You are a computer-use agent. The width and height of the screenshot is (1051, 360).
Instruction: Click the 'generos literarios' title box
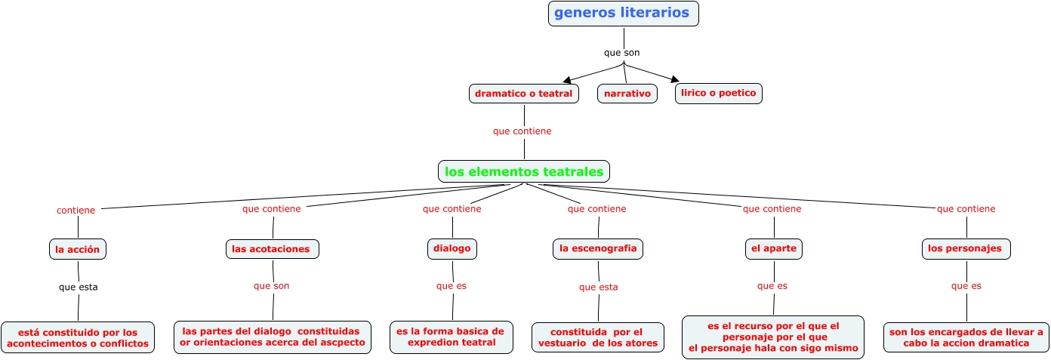(623, 14)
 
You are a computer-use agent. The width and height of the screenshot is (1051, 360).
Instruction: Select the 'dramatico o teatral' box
(524, 94)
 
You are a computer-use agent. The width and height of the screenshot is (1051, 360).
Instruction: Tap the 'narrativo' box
(627, 94)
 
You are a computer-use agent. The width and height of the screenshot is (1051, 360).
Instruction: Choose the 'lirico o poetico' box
(719, 93)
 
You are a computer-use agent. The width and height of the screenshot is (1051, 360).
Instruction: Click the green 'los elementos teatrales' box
(524, 172)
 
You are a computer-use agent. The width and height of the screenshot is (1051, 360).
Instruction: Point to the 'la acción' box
(77, 249)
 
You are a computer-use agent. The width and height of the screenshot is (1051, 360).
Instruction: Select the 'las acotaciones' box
(273, 249)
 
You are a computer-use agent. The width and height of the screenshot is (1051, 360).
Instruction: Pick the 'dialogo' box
(452, 248)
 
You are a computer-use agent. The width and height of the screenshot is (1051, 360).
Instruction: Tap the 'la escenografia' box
(598, 248)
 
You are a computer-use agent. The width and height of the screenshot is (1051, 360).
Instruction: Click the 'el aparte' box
(773, 248)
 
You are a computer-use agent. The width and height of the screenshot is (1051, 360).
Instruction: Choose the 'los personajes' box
(966, 248)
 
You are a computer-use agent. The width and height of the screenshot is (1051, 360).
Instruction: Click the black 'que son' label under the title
(621, 53)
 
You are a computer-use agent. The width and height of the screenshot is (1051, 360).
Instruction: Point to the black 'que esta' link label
(78, 287)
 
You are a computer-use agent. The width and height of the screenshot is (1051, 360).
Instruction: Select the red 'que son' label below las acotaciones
(271, 286)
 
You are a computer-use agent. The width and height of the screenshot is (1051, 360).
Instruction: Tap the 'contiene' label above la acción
(76, 211)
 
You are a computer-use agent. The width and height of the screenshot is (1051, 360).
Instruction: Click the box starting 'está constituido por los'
(78, 338)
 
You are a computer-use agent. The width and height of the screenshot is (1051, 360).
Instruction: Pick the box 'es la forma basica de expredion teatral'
(452, 337)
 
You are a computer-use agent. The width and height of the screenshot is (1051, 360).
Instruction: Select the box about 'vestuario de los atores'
(598, 338)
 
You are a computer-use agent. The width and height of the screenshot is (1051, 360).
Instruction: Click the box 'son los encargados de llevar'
(966, 337)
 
